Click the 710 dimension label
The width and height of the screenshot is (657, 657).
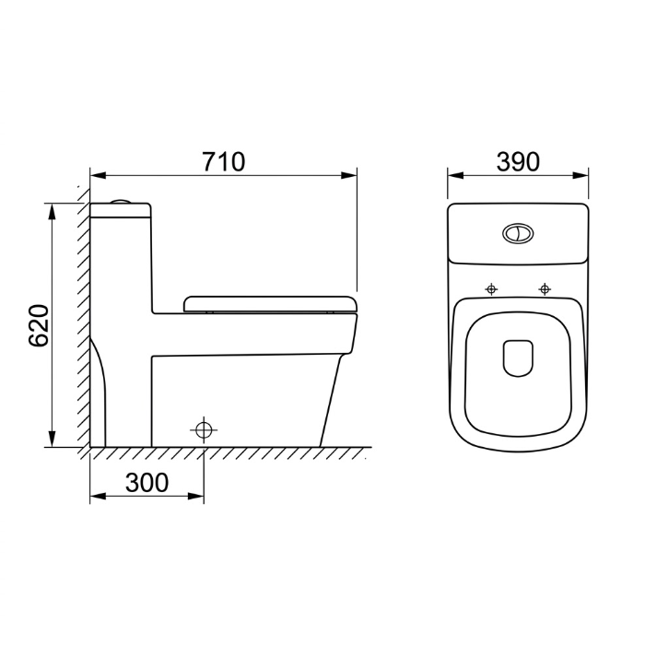coord(223,162)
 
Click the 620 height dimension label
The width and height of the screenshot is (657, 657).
coord(39,326)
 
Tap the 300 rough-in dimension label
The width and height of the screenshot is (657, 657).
coord(147,483)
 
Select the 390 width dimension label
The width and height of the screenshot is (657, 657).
coord(518,162)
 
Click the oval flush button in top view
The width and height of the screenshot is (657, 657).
coord(518,233)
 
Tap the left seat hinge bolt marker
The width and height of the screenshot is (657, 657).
coord(491,288)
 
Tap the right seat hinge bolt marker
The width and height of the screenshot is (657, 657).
coord(545,288)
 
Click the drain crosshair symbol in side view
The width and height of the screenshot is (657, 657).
coord(204,429)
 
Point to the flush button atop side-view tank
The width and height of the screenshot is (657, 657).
coord(121,202)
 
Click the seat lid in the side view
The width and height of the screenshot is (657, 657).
coord(270,304)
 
